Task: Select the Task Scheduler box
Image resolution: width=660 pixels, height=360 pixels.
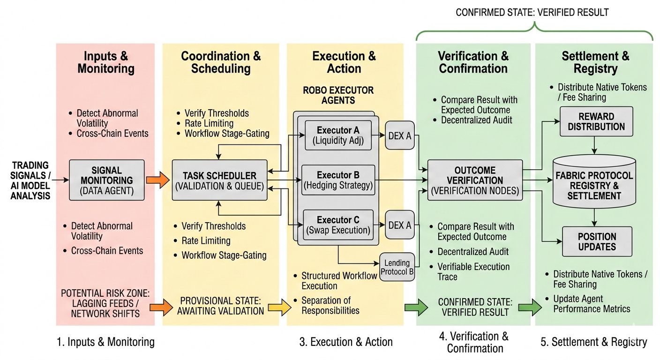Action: coord(219,180)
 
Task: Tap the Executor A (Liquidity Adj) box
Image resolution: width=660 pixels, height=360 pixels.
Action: coord(338,135)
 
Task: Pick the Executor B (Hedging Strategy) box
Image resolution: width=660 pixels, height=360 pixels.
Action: coord(338,180)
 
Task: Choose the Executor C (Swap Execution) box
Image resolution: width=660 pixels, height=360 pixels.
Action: coord(338,225)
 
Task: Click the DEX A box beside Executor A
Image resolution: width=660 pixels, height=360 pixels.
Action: coord(400,135)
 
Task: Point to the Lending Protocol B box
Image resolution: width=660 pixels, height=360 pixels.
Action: coord(397,267)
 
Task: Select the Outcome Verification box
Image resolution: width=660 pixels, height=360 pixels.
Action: coord(475,180)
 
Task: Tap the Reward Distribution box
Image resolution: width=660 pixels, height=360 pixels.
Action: coord(596,121)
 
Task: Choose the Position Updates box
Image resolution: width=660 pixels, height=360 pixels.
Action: coord(597,241)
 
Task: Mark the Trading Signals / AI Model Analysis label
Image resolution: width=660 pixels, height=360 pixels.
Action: coord(30,180)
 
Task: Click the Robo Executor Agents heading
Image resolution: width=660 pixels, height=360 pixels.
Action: coord(338,95)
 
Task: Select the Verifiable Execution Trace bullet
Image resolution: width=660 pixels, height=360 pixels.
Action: coord(473,272)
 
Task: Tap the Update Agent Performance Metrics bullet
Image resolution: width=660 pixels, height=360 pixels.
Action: coord(592,304)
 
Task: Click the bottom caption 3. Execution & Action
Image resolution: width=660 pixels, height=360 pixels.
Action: coord(346,342)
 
